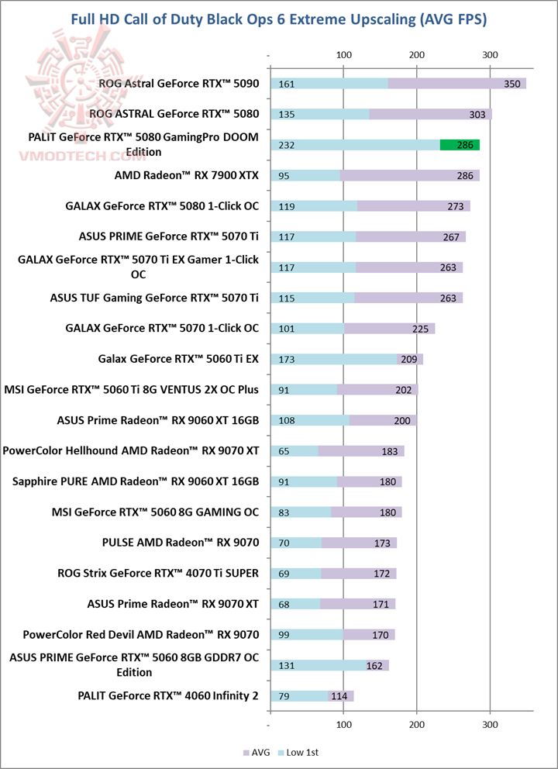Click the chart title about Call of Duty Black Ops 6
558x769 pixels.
click(x=279, y=19)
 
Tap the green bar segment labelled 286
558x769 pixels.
click(x=460, y=145)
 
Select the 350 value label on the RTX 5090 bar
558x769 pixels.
click(x=511, y=84)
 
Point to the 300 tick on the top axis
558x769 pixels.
click(x=489, y=55)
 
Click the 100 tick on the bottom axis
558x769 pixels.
click(x=343, y=724)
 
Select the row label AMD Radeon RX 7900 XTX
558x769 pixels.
click(x=186, y=175)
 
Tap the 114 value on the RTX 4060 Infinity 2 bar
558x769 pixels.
click(x=338, y=695)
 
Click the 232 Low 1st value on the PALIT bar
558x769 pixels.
click(x=286, y=145)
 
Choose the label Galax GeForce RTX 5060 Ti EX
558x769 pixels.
click(x=178, y=358)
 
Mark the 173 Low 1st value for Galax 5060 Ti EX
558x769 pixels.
click(x=286, y=359)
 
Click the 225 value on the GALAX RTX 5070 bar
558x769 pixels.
click(x=420, y=329)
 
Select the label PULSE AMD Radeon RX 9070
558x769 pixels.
click(x=180, y=543)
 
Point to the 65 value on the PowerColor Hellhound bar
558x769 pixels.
click(x=284, y=451)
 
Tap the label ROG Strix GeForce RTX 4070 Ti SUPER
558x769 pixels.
click(x=158, y=573)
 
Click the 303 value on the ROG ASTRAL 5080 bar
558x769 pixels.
click(x=477, y=115)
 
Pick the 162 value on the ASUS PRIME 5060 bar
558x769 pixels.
click(x=373, y=665)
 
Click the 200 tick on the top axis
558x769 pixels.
click(x=416, y=55)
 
